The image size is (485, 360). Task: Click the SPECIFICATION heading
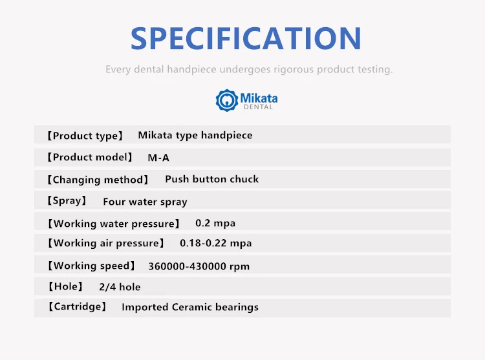click(x=246, y=38)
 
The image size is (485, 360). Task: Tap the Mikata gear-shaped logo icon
click(x=227, y=100)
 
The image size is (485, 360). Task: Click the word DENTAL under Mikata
click(x=258, y=107)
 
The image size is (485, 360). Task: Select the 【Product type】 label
click(x=85, y=136)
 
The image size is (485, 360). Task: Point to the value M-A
click(x=158, y=158)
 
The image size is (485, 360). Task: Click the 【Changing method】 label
click(x=98, y=180)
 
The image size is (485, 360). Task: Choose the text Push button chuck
click(x=212, y=179)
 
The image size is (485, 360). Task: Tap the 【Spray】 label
click(x=67, y=200)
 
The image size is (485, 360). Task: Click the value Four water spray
click(x=145, y=202)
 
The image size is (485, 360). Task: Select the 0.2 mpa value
click(x=215, y=223)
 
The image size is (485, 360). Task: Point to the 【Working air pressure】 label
click(x=106, y=243)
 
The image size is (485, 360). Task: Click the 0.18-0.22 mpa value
click(x=215, y=243)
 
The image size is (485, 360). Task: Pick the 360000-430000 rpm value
click(x=199, y=266)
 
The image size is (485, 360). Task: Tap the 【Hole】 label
click(x=65, y=286)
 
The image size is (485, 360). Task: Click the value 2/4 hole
click(x=120, y=287)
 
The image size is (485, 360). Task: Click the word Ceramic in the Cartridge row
click(x=192, y=307)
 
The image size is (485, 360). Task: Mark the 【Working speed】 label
click(x=92, y=266)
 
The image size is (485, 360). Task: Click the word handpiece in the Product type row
click(x=227, y=135)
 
